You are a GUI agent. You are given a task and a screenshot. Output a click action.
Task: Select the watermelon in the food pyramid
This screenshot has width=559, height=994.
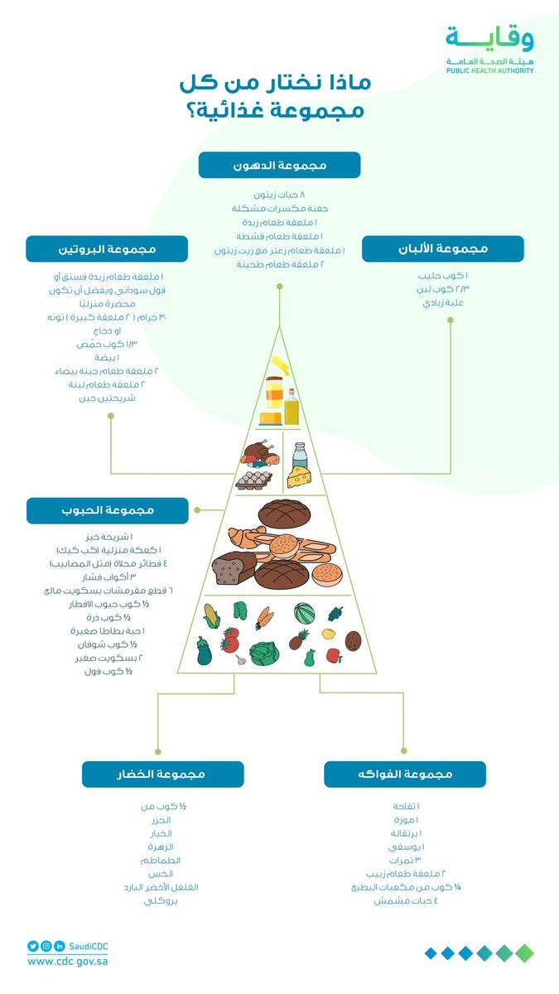(304, 613)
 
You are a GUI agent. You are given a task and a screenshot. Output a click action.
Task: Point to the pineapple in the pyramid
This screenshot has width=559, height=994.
(299, 639)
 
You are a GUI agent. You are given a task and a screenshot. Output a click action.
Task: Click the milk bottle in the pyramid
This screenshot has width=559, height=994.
(299, 454)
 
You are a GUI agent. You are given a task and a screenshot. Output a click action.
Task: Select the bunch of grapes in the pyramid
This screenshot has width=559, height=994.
(335, 614)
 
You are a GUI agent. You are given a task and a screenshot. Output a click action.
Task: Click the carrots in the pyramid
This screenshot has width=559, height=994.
(265, 616)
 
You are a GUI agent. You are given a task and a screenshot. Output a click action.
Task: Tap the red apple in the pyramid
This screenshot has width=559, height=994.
(334, 655)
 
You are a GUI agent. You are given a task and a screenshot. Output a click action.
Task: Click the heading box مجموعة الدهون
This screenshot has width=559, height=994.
(279, 165)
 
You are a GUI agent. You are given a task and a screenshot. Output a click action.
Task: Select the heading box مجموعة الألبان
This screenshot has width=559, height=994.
(442, 248)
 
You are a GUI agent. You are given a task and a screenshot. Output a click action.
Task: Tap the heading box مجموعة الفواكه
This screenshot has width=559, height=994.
(404, 774)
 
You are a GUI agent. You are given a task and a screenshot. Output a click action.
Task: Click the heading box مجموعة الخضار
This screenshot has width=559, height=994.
(162, 774)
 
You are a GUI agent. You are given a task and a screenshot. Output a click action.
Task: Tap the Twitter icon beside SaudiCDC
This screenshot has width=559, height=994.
(33, 946)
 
